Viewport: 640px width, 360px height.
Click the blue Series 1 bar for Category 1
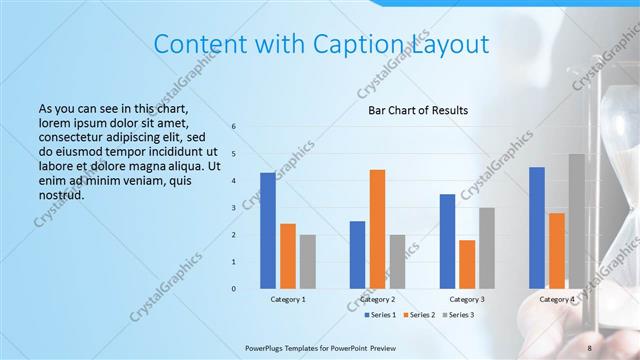click(x=267, y=231)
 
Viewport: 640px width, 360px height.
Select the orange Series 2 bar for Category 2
click(x=377, y=229)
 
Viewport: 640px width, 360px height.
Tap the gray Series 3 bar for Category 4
click(x=576, y=221)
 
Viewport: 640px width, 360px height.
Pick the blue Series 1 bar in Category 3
click(x=447, y=241)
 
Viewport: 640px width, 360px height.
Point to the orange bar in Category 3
click(x=467, y=264)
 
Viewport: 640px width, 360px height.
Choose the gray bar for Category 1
click(x=307, y=262)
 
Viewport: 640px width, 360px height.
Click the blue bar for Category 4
click(x=537, y=227)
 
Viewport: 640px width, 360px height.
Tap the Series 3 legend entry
click(x=456, y=315)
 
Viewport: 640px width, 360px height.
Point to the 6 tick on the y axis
click(x=233, y=127)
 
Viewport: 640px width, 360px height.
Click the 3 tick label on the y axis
click(x=233, y=208)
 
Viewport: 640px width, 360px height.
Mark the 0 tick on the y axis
click(x=233, y=289)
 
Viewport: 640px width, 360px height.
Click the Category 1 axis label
click(x=288, y=300)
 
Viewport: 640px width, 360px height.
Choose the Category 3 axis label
click(x=467, y=300)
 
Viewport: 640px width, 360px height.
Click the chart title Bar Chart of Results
click(x=412, y=110)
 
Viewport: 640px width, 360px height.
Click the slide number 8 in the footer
click(x=590, y=347)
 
